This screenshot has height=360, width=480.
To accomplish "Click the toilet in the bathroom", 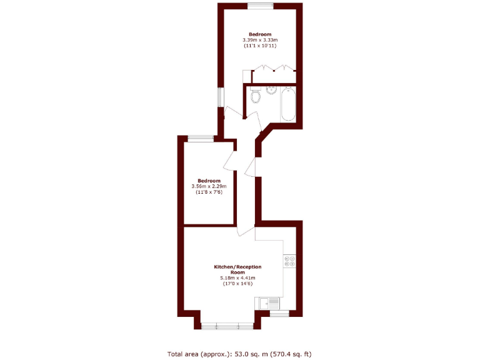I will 255,97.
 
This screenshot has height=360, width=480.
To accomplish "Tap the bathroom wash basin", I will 271,91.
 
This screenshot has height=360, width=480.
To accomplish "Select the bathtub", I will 288,104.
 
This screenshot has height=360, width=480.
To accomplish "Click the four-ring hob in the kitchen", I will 289,261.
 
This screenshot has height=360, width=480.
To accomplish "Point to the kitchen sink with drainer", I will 269,302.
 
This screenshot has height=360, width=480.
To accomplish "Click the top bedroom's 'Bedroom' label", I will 260,34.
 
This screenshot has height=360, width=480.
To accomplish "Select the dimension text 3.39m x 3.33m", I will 260,40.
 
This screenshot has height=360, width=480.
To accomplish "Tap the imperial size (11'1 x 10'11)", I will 260,46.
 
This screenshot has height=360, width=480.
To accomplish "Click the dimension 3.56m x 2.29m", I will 209,186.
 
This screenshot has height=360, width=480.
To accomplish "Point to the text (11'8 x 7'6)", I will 209,192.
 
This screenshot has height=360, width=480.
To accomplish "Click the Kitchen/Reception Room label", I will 237,269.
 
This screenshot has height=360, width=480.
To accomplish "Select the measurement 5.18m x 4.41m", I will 237,278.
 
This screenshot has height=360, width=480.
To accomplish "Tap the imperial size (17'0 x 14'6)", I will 237,284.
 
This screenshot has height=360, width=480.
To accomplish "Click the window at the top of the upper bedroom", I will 260,6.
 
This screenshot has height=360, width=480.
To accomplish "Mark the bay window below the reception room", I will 227,325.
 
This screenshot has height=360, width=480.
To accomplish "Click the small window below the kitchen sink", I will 278,313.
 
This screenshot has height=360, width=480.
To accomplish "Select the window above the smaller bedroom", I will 201,139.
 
